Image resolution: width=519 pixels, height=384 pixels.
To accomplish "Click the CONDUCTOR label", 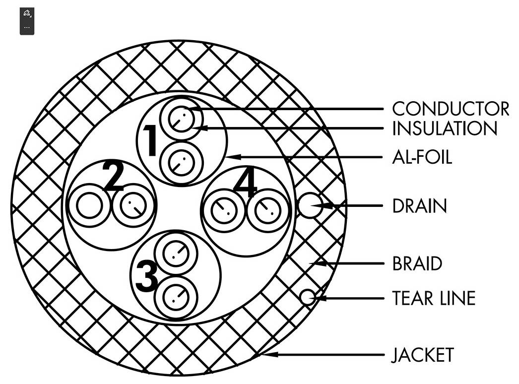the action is (x=451, y=109).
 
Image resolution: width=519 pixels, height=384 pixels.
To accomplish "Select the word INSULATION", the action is (x=445, y=128).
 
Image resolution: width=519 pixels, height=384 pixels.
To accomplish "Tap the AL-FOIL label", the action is (x=422, y=157).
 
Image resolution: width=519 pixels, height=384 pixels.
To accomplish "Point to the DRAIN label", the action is (x=419, y=206).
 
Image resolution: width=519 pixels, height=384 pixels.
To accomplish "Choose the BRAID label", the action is (x=417, y=263).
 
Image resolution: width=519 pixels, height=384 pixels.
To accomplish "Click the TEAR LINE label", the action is (x=434, y=298).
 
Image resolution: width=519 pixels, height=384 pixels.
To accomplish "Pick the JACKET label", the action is (x=422, y=355).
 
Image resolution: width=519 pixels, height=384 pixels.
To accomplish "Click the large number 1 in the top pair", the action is (x=151, y=140).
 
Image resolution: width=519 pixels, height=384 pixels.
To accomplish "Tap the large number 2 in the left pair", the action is (x=113, y=176).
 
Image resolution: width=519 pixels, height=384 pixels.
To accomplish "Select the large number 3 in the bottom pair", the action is (x=147, y=276).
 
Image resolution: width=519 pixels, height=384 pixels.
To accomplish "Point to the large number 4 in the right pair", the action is (x=245, y=187).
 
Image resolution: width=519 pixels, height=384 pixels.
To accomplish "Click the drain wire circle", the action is (x=310, y=205).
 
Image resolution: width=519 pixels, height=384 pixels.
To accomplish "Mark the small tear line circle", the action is (x=308, y=297).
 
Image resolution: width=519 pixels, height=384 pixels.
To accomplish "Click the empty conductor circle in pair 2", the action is (x=89, y=205).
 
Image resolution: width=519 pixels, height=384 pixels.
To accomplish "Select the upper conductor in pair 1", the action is (x=181, y=119).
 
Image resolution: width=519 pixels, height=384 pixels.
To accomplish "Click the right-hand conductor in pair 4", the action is (x=268, y=210).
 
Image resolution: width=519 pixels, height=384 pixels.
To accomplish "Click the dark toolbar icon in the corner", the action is (x=27, y=21).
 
